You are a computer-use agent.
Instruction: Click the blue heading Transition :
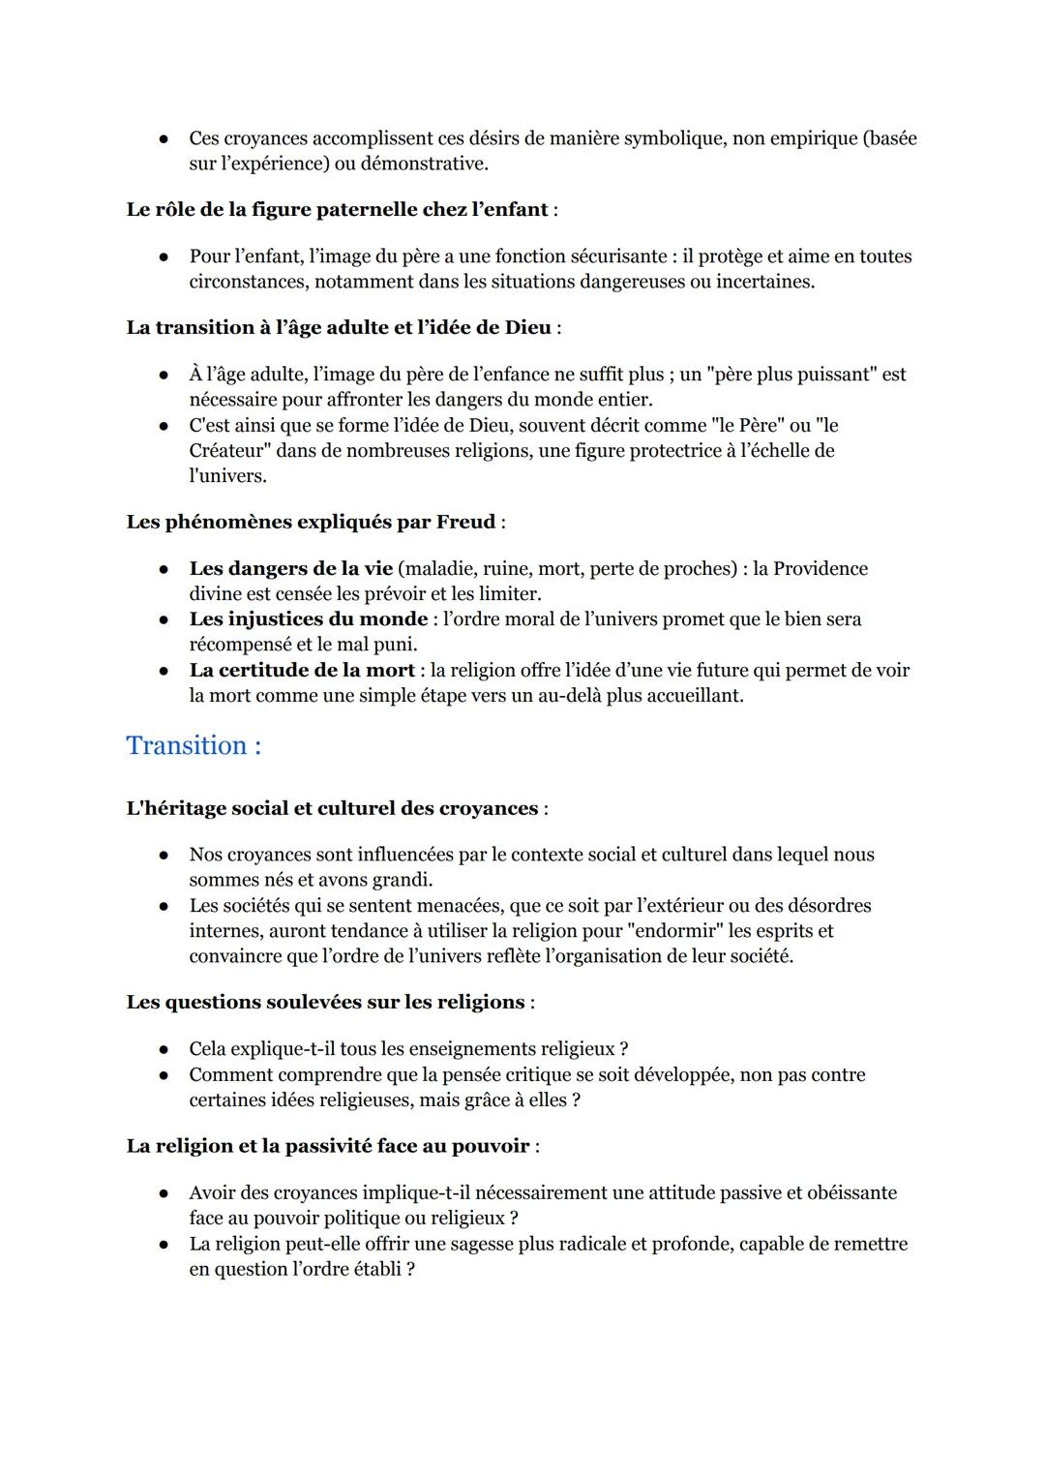[194, 746]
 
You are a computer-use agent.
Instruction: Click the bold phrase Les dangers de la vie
[290, 569]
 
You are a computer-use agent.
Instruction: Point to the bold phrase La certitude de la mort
[302, 671]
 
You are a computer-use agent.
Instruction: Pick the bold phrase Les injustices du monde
[308, 619]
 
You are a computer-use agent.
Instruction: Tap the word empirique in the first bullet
[812, 138]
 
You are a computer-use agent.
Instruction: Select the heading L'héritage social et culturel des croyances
[332, 809]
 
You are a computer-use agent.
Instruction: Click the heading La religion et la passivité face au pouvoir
[327, 1147]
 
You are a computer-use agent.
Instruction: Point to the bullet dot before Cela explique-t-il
[165, 1050]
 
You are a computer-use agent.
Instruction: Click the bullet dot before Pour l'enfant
[165, 257]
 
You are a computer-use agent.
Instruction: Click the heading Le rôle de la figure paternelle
[337, 210]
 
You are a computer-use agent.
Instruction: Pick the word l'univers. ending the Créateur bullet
[227, 476]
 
